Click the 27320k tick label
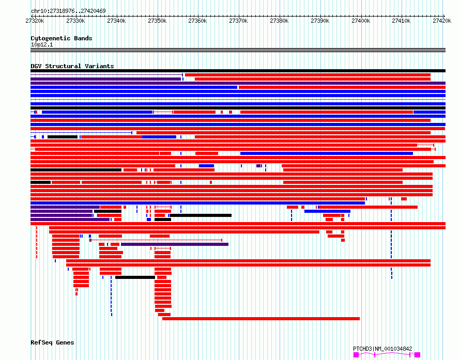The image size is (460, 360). [x=35, y=21]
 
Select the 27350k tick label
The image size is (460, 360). [x=157, y=21]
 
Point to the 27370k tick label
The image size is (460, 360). [x=238, y=21]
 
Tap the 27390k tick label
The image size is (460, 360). [x=320, y=21]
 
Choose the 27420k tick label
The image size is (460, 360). [x=442, y=21]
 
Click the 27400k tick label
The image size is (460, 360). [x=361, y=21]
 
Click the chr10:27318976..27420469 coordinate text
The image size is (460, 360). [x=68, y=11]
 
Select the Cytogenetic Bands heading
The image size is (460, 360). [x=62, y=38]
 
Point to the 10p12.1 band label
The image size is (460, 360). [x=42, y=44]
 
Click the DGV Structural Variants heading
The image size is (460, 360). [x=72, y=66]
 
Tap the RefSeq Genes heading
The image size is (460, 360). [x=52, y=342]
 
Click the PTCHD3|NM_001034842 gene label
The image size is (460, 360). [x=382, y=349]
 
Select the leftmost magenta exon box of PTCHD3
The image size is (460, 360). [x=356, y=355]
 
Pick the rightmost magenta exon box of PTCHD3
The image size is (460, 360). [x=417, y=355]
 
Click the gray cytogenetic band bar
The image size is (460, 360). [x=238, y=50]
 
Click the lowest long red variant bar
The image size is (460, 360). [x=261, y=319]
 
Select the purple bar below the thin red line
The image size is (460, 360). [x=175, y=244]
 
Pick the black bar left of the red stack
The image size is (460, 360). [x=135, y=277]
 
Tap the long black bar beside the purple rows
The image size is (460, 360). [x=201, y=215]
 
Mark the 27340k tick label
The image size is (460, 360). [x=116, y=21]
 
